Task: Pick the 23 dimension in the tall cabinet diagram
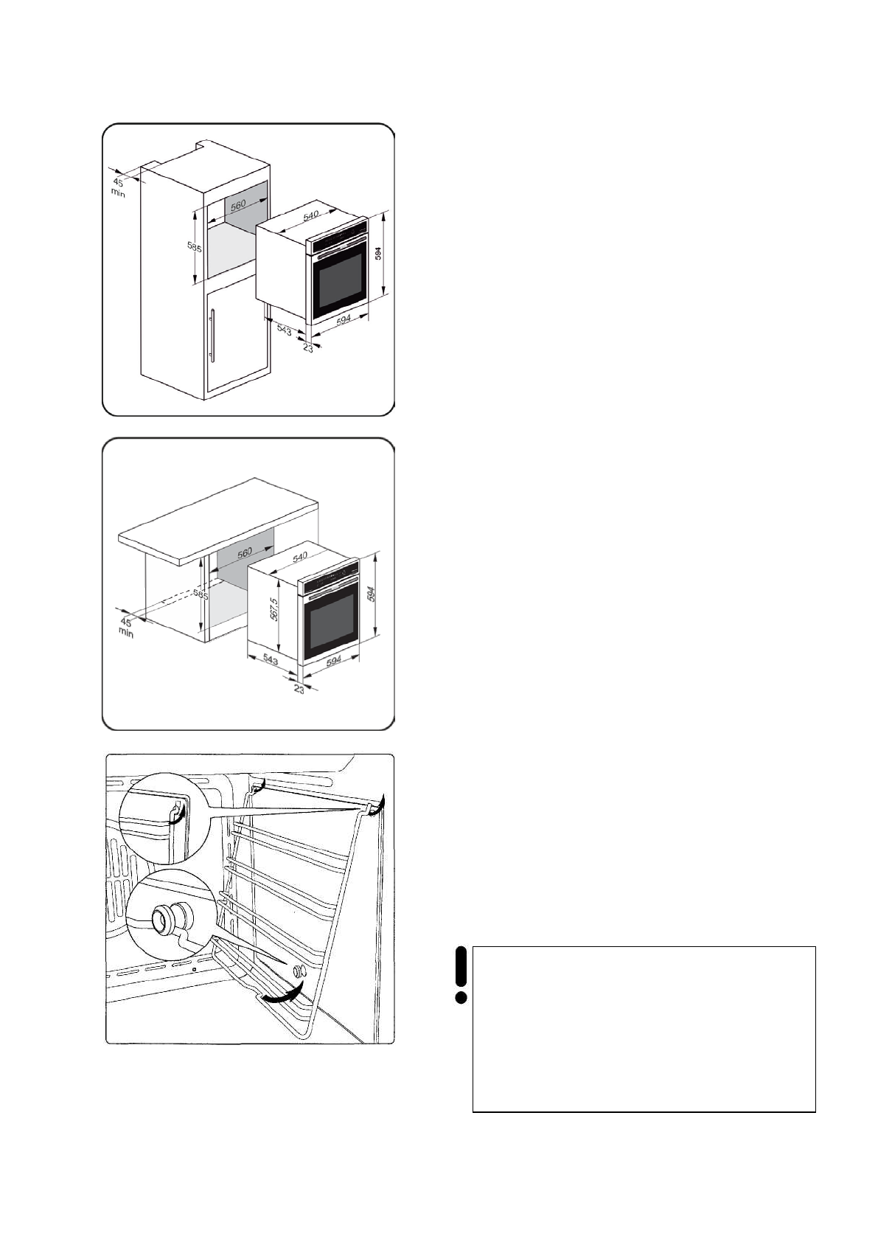(x=307, y=348)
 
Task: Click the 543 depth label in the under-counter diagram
(x=269, y=660)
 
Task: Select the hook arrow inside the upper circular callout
(x=175, y=814)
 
